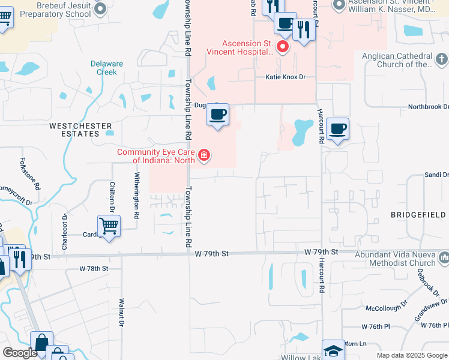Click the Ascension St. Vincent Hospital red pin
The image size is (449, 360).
(x=282, y=46)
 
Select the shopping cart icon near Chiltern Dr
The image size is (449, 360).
(x=109, y=227)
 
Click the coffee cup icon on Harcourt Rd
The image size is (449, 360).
(x=337, y=128)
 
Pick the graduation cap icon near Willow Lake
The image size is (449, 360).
(x=333, y=350)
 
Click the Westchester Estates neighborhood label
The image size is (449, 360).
(x=73, y=130)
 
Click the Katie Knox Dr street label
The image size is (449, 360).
(x=286, y=77)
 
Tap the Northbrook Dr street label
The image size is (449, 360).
(x=428, y=107)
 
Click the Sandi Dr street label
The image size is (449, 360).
(x=436, y=174)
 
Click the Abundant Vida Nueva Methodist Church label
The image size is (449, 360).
(x=394, y=258)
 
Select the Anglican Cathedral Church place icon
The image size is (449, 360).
(x=442, y=59)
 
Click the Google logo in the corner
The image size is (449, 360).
(x=20, y=353)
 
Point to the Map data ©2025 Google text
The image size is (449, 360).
(x=411, y=355)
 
